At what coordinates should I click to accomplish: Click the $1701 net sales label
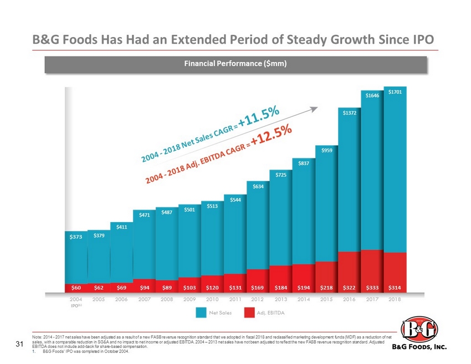click(395, 91)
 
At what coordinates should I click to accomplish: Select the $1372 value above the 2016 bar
click(349, 113)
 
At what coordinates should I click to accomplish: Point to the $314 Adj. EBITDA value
click(395, 288)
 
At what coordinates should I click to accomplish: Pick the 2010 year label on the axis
click(212, 299)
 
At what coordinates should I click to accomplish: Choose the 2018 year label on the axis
click(395, 299)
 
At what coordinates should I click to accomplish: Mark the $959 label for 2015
click(326, 150)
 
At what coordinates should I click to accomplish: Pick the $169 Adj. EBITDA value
click(258, 288)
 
